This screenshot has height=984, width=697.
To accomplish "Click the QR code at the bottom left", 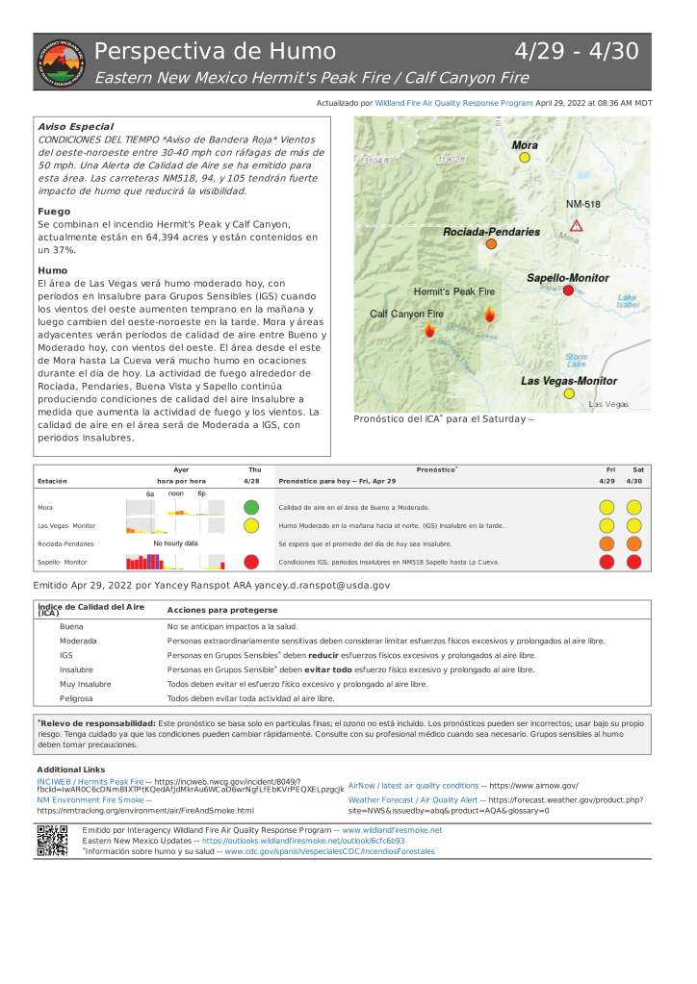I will [x=52, y=841].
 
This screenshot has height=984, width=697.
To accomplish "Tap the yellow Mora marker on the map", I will [x=525, y=158].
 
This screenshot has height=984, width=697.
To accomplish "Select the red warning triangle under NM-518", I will [x=576, y=225].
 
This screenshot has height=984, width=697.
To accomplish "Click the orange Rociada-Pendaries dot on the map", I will [x=491, y=245].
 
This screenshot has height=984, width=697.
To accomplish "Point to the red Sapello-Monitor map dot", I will [x=568, y=290].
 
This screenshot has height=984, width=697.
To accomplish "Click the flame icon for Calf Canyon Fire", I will [x=428, y=329].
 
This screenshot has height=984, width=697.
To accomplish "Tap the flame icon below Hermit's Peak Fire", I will [x=490, y=315].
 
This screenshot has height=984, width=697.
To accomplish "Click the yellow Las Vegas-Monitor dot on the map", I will [x=569, y=393].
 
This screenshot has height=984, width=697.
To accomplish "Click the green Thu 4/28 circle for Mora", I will [x=251, y=507].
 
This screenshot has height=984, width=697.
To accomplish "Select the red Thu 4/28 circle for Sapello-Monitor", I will [x=251, y=562].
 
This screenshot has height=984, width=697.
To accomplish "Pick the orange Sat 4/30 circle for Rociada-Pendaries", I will [x=634, y=543].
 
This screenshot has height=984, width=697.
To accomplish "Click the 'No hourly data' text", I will [x=175, y=543].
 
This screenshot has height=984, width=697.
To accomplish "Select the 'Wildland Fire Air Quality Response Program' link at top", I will [x=453, y=102].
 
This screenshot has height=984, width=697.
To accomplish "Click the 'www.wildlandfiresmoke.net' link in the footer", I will [x=392, y=829].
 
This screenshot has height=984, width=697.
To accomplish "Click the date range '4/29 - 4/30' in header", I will [x=577, y=52].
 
